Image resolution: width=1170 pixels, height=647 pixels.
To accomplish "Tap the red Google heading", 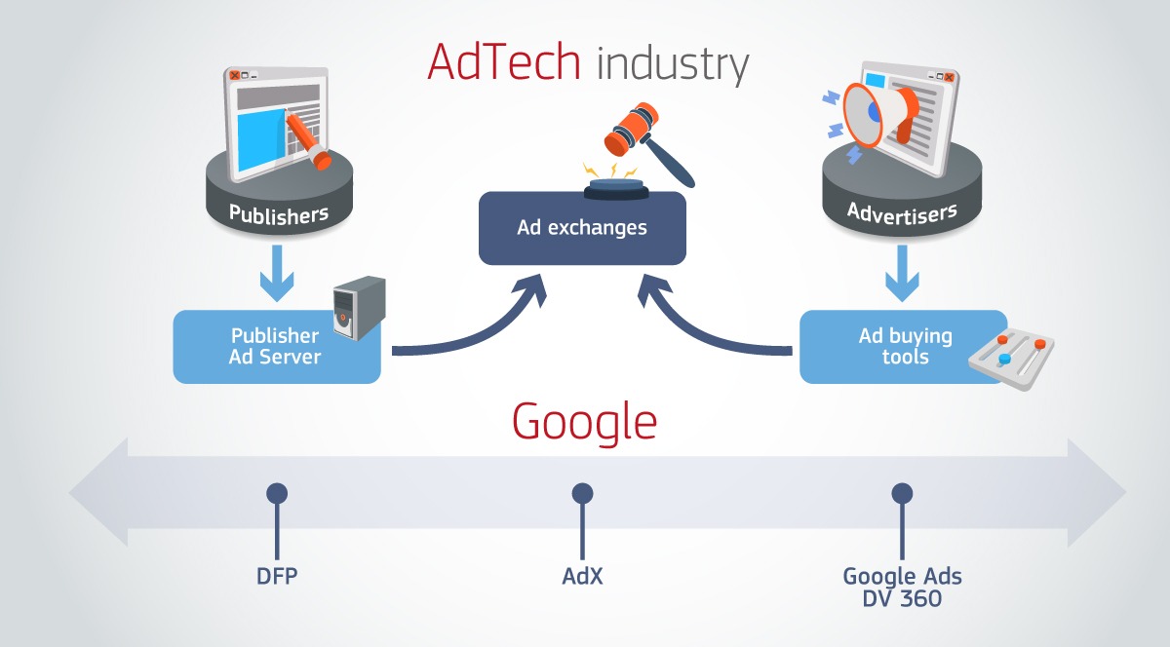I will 584,422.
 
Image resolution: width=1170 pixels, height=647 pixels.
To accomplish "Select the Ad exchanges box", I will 582,229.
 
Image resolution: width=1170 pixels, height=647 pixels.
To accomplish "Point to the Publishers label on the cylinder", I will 279,212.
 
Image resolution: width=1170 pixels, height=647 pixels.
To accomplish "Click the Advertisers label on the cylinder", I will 902,211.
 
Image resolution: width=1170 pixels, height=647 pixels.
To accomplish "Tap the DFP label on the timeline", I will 277,576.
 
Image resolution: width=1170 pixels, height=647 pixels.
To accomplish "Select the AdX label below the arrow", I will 582,576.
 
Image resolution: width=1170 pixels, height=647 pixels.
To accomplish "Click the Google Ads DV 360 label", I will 902,587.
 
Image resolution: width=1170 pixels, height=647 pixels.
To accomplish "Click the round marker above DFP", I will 277,493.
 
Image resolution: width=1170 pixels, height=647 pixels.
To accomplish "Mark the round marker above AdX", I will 582,493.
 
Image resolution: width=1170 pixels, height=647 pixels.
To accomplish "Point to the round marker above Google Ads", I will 902,493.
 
